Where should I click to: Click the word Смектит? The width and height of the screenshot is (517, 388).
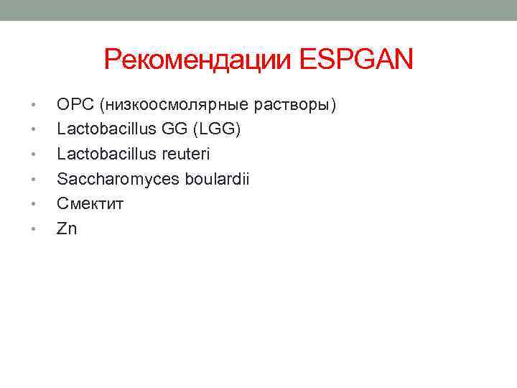point(90,203)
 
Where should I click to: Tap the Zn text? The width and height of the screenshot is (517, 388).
point(67,228)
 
